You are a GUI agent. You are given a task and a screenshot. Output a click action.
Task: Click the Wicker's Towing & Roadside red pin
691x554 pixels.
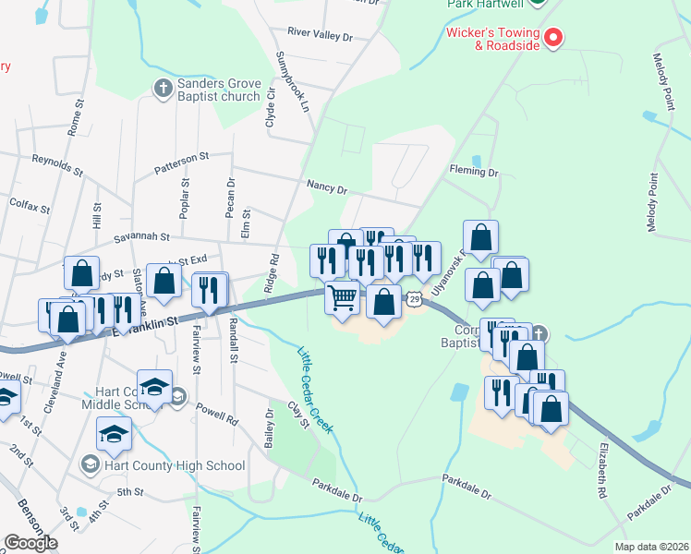(x=552, y=38)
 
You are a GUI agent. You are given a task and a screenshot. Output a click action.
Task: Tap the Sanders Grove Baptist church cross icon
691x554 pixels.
(x=163, y=89)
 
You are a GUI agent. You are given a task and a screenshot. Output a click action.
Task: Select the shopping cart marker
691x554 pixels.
(x=342, y=298)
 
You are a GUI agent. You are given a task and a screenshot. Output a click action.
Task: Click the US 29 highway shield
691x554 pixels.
(x=415, y=299)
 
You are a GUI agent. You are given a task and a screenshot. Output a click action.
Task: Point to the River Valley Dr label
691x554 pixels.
(x=320, y=33)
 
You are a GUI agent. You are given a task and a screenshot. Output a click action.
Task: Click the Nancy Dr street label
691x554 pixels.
(x=327, y=189)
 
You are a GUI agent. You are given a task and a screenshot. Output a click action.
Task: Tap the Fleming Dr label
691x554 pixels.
(x=474, y=172)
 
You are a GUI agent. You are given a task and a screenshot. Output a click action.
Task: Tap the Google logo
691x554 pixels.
(x=30, y=543)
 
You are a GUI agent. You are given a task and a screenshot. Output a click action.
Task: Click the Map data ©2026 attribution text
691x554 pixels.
(x=650, y=547)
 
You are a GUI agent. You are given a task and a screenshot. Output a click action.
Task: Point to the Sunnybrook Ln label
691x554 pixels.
(x=291, y=81)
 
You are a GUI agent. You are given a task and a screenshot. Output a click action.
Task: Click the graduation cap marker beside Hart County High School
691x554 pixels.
(x=114, y=433)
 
